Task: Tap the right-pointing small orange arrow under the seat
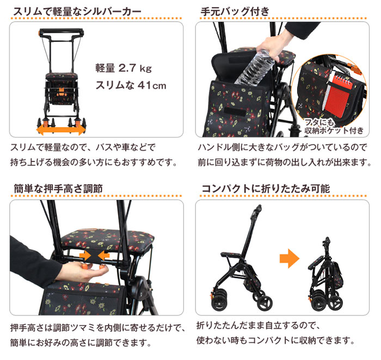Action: pos(84,255)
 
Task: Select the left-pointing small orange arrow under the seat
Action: pos(103,255)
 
